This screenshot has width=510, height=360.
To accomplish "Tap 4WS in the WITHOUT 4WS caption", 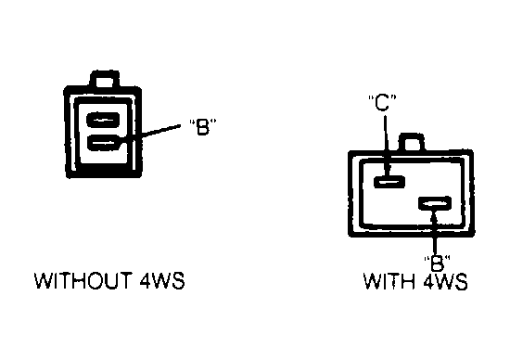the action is [x=162, y=281].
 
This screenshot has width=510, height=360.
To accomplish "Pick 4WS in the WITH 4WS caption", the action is [x=446, y=281].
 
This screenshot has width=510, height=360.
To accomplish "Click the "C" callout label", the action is [x=382, y=103].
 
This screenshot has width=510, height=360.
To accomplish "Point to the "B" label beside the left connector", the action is [x=202, y=126].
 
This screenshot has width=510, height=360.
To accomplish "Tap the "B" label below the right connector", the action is [x=437, y=263].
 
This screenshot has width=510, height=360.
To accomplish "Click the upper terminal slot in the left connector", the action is [x=103, y=120].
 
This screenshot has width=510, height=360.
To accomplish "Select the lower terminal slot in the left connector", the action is [x=103, y=143].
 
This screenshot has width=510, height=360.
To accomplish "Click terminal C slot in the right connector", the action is [x=389, y=181].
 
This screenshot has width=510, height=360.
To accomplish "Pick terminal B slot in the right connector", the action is [x=435, y=203].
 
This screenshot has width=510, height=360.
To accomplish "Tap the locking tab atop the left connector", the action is [x=105, y=79].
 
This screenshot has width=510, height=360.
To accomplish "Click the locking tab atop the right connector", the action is [x=412, y=142].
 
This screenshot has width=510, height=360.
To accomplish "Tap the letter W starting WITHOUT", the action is [x=44, y=281].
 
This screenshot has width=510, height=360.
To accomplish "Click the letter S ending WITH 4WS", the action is [x=461, y=281].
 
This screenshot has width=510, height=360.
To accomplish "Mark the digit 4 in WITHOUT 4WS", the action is [x=145, y=281].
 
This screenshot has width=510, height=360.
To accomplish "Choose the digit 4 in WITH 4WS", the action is [x=428, y=281].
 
